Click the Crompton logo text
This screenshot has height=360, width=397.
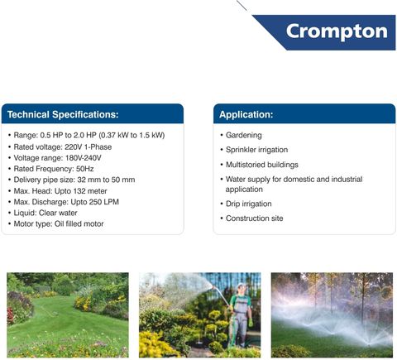tap(337, 31)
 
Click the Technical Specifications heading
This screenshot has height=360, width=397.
tap(63, 114)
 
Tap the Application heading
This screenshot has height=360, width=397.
tap(246, 114)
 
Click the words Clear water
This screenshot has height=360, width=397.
tap(58, 213)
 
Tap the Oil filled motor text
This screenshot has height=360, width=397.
tap(79, 224)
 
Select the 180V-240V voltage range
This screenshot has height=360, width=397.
tap(84, 158)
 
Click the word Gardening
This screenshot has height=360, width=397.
tap(244, 136)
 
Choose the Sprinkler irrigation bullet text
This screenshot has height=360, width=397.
tap(256, 150)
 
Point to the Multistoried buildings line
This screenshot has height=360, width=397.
tap(262, 165)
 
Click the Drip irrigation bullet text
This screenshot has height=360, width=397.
tap(249, 204)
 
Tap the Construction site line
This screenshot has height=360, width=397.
tap(255, 218)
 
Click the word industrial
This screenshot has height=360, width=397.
tap(347, 180)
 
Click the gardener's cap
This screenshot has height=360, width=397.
tap(241, 285)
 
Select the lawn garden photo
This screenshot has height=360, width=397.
tap(68, 314)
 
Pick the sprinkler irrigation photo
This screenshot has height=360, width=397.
tap(332, 314)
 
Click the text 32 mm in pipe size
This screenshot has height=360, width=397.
tap(88, 180)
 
